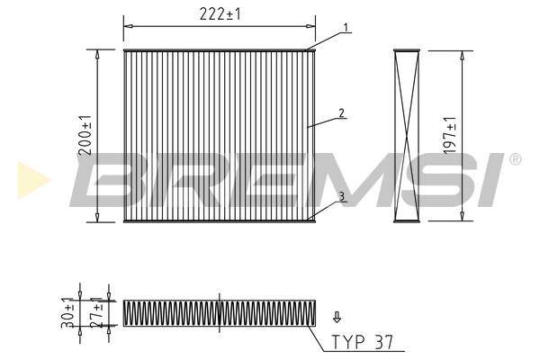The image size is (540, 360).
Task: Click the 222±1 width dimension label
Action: (x=220, y=14)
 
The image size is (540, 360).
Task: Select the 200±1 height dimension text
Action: (x=85, y=135)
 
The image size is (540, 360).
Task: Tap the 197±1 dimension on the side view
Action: (x=450, y=135)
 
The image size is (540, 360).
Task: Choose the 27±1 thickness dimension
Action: (x=97, y=311)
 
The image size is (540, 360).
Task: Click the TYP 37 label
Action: (x=362, y=342)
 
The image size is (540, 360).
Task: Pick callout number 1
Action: (x=346, y=27)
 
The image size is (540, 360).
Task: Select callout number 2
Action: (x=341, y=113)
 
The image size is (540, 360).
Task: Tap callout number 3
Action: (x=341, y=196)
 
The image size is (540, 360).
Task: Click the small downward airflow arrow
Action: (x=337, y=317)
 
